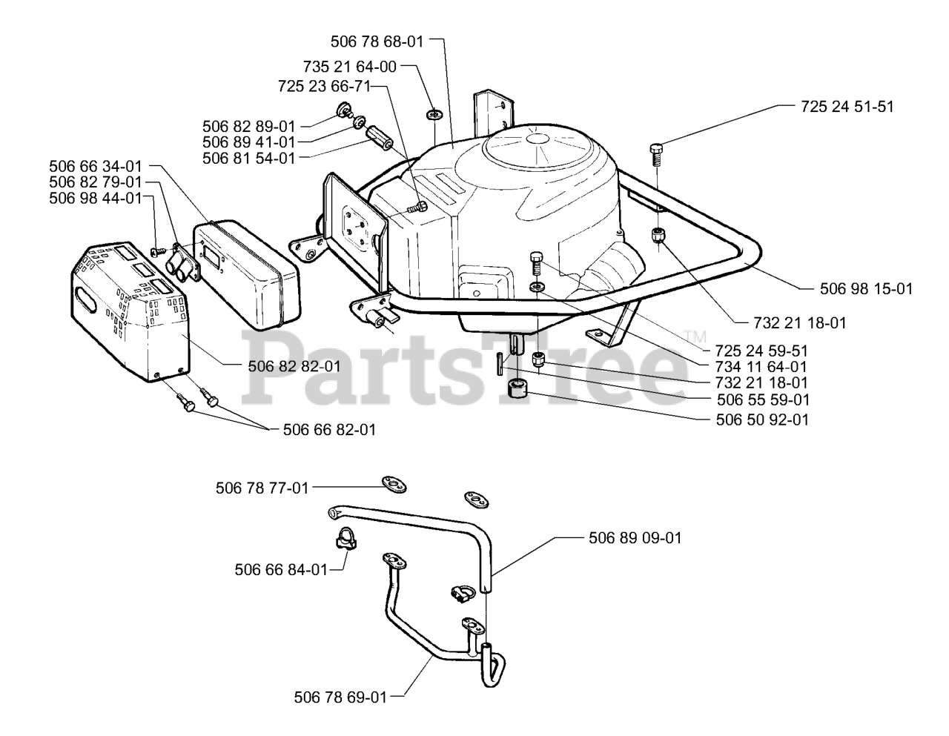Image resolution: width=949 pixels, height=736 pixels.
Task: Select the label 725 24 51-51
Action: pyautogui.click(x=847, y=107)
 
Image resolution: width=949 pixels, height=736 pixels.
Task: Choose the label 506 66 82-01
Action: pyautogui.click(x=329, y=430)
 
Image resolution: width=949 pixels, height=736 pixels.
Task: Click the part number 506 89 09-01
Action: pyautogui.click(x=635, y=538)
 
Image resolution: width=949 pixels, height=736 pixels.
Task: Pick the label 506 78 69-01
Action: pyautogui.click(x=340, y=697)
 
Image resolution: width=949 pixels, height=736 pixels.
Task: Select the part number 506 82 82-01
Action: pyautogui.click(x=294, y=365)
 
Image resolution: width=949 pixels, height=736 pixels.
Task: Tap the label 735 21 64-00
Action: pyautogui.click(x=350, y=67)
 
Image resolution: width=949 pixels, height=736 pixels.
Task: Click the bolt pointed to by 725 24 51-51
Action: pyautogui.click(x=657, y=153)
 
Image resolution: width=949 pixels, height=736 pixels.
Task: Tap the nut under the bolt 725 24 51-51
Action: pyautogui.click(x=657, y=235)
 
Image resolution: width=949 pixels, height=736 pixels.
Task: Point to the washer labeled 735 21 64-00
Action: pyautogui.click(x=434, y=114)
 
